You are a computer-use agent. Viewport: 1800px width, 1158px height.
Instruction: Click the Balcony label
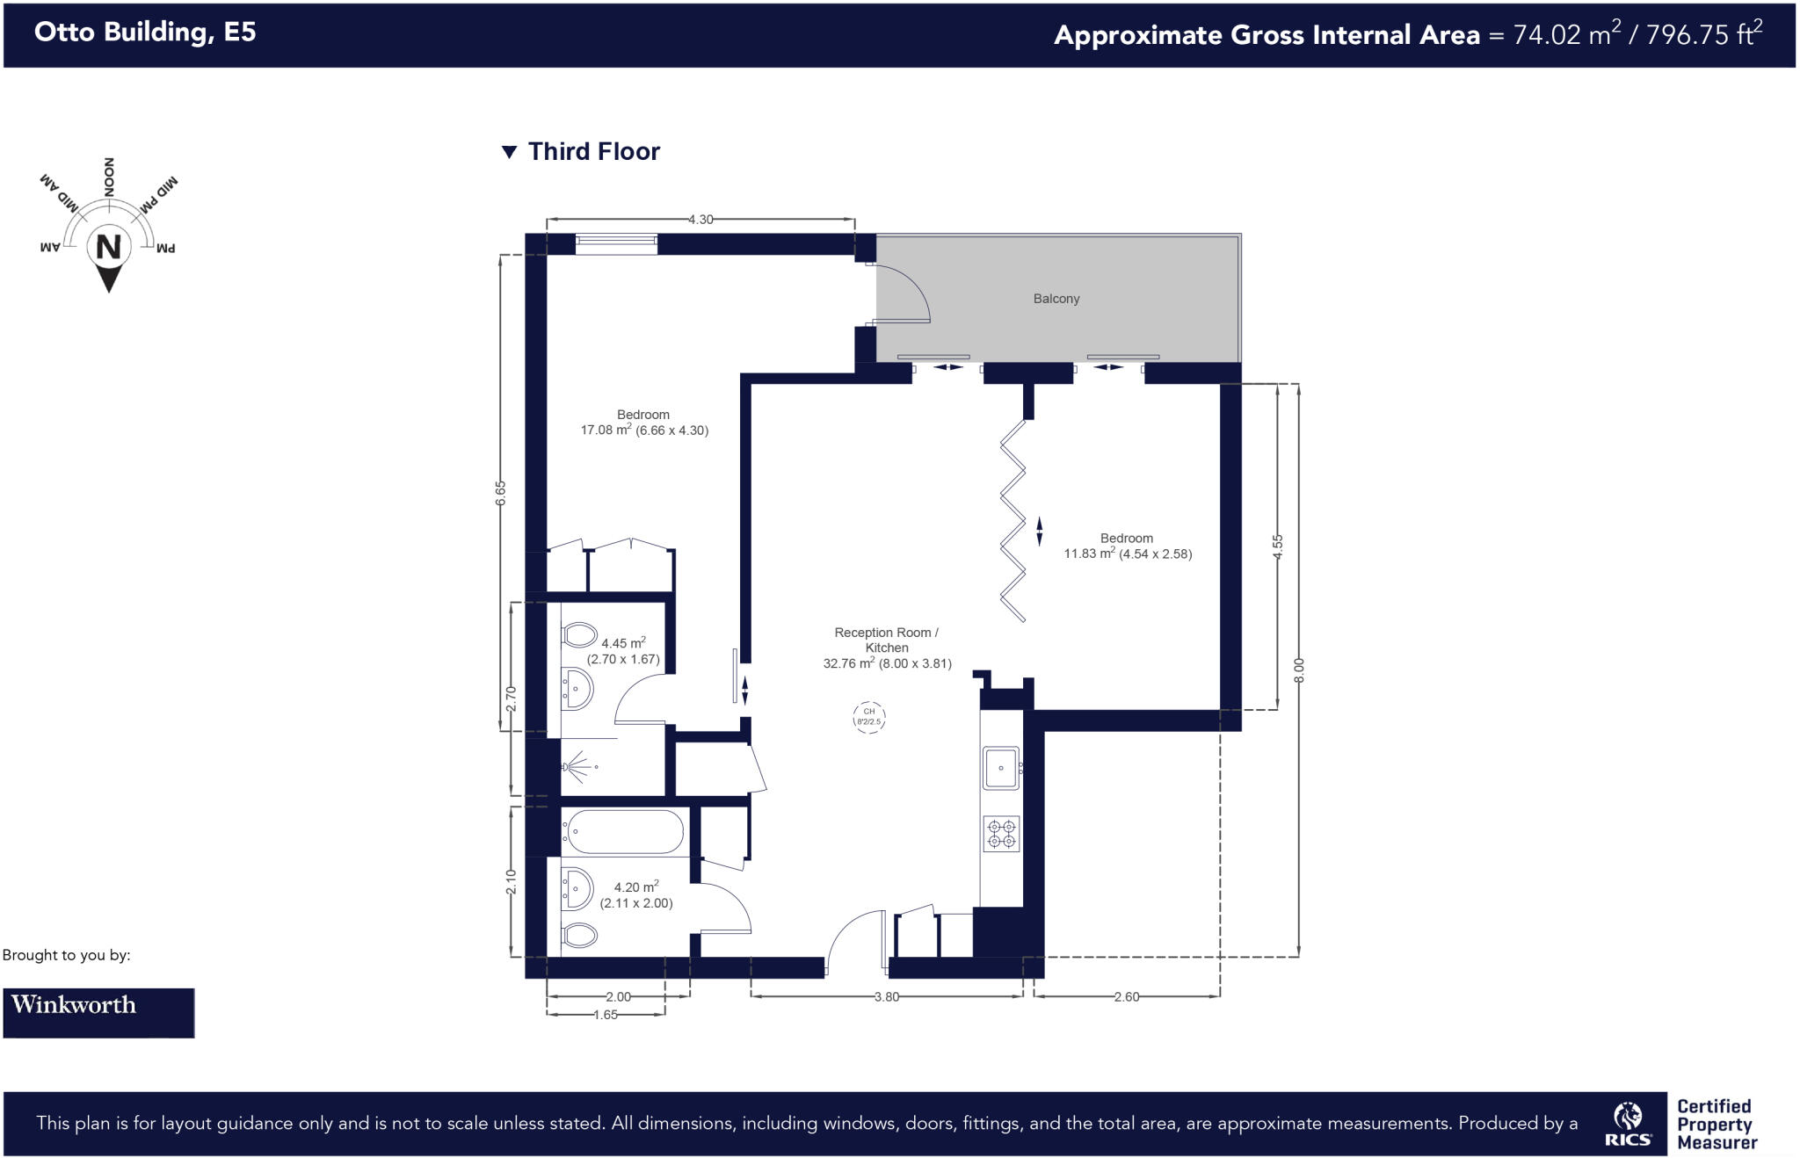(1056, 299)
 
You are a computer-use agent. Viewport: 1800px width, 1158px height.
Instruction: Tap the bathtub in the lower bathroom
(624, 831)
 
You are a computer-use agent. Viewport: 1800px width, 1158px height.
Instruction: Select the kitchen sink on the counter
(1001, 768)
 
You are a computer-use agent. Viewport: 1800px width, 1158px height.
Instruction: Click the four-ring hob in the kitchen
(1001, 834)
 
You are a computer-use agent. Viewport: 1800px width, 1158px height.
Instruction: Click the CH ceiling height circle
(868, 717)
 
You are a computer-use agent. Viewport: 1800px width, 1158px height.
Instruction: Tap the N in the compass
(108, 247)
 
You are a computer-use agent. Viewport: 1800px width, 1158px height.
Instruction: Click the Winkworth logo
(98, 1012)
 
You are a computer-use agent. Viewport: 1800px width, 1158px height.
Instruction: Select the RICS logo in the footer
(1627, 1125)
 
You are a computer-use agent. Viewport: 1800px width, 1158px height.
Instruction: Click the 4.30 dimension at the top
(700, 220)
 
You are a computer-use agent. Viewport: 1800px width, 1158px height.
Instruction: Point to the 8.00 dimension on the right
(1299, 669)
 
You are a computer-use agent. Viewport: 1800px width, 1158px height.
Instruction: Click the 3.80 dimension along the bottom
(887, 996)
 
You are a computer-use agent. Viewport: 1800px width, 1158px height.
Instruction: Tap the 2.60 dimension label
(1126, 996)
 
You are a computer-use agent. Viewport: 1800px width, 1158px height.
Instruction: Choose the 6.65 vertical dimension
(501, 492)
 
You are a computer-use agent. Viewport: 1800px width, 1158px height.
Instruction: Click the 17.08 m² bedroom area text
(643, 430)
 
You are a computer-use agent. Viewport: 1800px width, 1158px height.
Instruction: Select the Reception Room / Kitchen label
(886, 640)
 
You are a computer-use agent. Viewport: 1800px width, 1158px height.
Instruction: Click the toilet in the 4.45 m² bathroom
(578, 633)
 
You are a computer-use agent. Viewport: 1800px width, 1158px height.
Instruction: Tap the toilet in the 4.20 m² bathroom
(578, 934)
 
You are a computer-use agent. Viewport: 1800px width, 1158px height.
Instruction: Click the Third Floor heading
(593, 152)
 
